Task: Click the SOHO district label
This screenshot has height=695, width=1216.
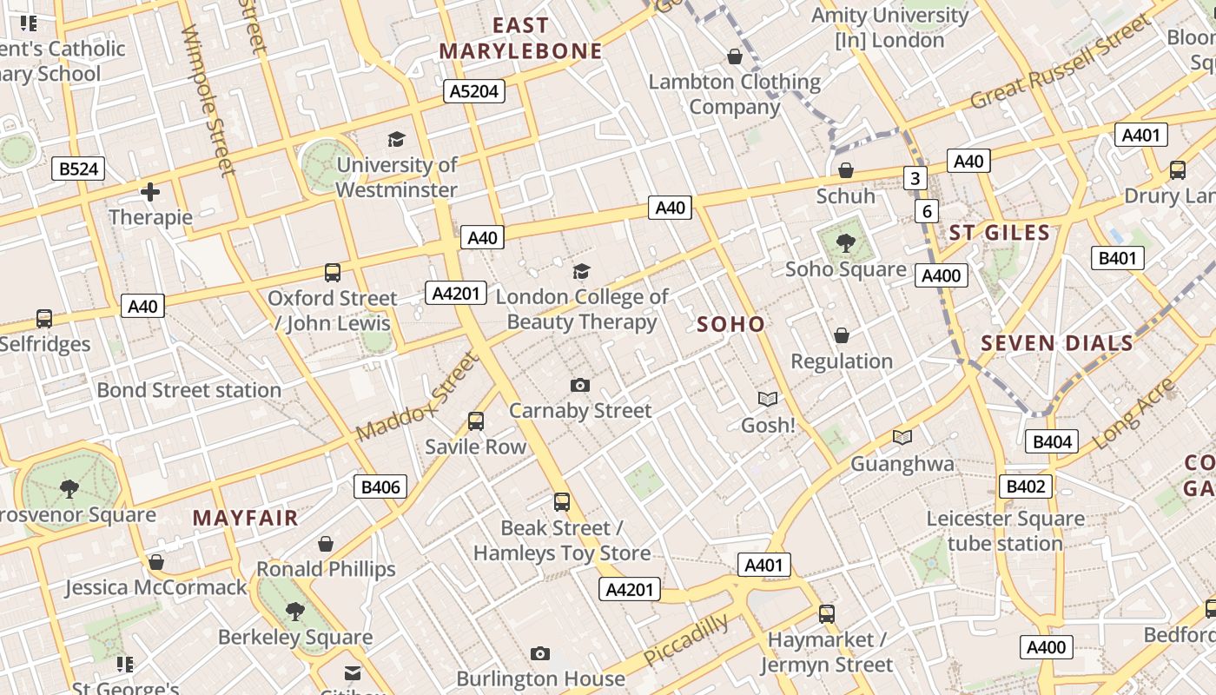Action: (731, 325)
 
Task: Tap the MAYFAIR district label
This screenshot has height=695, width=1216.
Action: (246, 519)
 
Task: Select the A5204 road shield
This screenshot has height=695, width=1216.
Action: (473, 91)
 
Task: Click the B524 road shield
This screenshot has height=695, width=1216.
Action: (78, 169)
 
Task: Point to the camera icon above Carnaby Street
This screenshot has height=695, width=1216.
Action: (580, 385)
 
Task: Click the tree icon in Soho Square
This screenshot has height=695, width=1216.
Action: (845, 243)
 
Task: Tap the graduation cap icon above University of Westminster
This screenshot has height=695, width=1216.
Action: (396, 139)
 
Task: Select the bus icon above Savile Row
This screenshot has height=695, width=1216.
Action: (475, 421)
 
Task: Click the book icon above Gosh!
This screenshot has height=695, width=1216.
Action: (767, 399)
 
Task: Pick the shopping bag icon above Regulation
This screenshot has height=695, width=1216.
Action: (841, 335)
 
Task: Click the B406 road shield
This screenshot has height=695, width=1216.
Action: (380, 486)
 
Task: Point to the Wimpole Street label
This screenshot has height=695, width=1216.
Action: (208, 100)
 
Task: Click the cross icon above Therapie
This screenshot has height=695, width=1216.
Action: (150, 191)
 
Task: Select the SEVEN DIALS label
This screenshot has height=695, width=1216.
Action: (1057, 343)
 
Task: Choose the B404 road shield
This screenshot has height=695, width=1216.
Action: (1051, 441)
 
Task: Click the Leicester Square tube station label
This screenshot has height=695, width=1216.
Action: (1005, 531)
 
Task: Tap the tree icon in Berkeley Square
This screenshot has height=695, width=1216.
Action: (294, 611)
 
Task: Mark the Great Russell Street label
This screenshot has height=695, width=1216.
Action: (1060, 65)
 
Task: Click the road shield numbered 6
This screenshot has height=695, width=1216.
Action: (927, 211)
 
